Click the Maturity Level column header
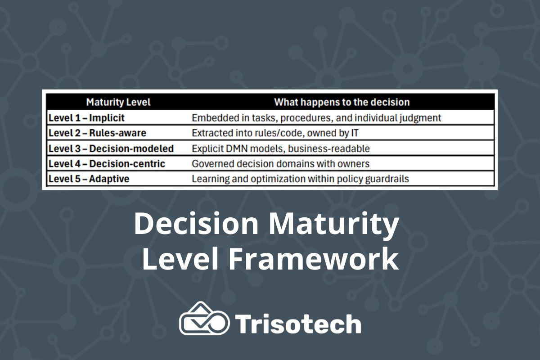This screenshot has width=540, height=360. click(118, 102)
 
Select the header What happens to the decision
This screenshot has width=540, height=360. click(342, 102)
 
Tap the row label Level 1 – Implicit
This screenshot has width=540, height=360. click(86, 118)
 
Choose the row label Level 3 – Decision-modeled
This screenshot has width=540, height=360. click(111, 148)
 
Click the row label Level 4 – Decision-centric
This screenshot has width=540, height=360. click(107, 164)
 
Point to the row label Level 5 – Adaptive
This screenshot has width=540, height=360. click(89, 179)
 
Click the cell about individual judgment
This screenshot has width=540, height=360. click(316, 118)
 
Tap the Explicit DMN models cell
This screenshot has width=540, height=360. click(280, 148)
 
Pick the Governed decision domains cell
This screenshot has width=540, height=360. click(280, 164)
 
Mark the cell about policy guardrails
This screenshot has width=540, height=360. click(300, 179)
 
